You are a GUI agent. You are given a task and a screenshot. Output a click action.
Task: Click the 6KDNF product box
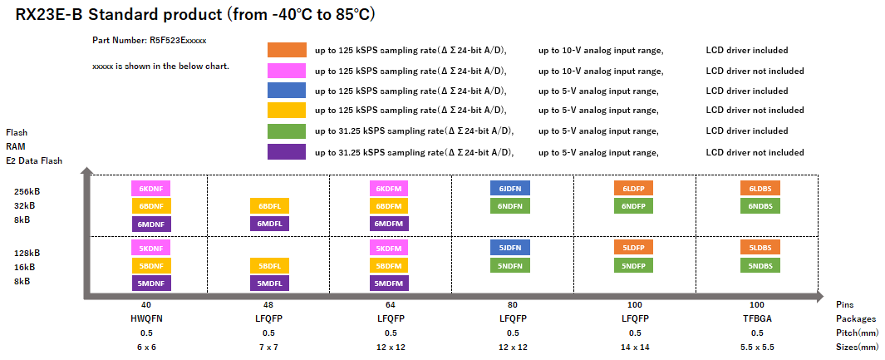click(150, 189)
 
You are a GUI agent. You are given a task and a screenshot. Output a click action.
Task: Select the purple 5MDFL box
click(269, 283)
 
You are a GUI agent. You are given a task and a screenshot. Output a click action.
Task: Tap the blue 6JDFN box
click(510, 188)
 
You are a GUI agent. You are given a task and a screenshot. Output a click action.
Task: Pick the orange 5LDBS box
click(760, 248)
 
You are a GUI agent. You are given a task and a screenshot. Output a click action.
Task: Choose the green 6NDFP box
click(634, 205)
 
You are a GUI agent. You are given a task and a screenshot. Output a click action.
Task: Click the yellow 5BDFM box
click(390, 266)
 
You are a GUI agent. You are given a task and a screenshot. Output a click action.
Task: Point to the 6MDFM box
click(390, 223)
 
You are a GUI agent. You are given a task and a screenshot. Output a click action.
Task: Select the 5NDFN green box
click(510, 265)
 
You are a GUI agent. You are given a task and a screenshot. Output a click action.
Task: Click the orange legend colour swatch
click(286, 50)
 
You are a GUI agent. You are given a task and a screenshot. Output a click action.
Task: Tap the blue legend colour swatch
click(286, 91)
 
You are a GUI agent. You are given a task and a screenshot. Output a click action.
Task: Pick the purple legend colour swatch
click(286, 151)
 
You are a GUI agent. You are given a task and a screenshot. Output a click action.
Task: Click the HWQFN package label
click(146, 318)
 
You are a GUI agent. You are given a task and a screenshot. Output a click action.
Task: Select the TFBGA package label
click(757, 318)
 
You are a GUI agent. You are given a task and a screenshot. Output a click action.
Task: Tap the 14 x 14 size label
click(634, 347)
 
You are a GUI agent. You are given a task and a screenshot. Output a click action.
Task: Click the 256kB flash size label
click(24, 190)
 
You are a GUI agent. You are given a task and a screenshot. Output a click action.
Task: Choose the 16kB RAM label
click(24, 267)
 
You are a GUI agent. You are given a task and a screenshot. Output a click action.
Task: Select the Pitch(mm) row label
click(857, 333)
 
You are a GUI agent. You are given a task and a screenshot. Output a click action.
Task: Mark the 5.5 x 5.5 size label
click(757, 347)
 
